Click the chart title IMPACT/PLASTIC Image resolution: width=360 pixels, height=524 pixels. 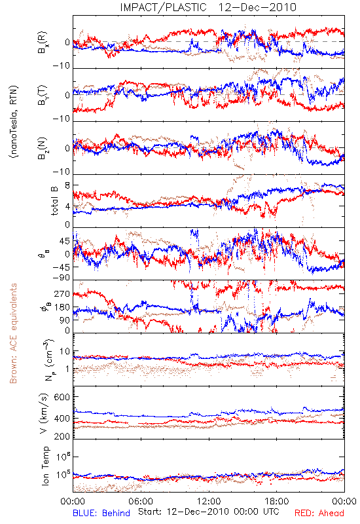[163, 7]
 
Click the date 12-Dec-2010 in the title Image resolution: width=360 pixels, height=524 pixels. [257, 7]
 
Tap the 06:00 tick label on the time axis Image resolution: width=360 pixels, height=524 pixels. [141, 501]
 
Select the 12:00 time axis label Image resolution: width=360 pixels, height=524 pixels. [209, 501]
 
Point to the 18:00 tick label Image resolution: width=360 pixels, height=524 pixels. [277, 501]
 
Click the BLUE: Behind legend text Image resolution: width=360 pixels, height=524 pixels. [101, 513]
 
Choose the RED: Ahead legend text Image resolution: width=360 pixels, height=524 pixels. [319, 513]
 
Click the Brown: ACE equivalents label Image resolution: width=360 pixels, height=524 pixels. [13, 333]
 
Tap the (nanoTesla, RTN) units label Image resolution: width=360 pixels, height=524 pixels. [14, 122]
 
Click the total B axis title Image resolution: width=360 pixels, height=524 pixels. [54, 201]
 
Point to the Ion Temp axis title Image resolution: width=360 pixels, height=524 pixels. [45, 466]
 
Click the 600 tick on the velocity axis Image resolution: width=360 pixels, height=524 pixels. [62, 397]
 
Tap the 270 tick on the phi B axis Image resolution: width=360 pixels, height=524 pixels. [62, 293]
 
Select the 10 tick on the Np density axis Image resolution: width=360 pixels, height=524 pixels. [65, 352]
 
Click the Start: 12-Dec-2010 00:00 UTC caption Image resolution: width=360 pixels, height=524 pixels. [209, 512]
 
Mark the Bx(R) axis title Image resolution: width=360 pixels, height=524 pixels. [42, 43]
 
